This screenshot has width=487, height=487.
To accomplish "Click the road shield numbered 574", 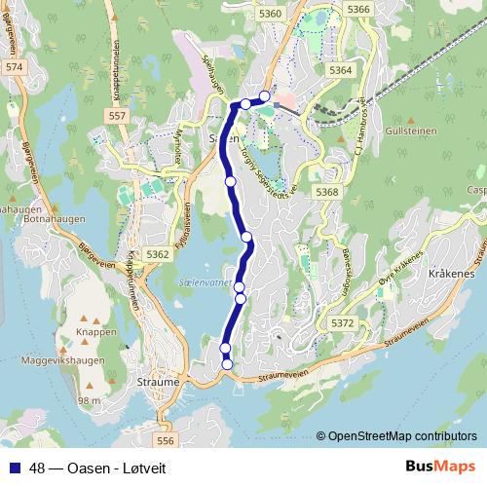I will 14,66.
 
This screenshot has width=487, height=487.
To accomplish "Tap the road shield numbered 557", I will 118,116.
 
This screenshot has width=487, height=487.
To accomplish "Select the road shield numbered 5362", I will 158,254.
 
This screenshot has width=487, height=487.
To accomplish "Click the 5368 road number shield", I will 327,193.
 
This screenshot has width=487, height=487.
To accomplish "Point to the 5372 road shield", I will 343,322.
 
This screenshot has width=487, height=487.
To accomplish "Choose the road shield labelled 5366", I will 359,9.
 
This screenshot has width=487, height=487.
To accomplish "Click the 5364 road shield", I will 341,71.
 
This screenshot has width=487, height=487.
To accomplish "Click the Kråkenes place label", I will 449,276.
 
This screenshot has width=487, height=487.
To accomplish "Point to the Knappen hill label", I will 95,331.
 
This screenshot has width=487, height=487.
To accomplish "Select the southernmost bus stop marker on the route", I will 228,364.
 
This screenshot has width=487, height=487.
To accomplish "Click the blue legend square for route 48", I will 13,466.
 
